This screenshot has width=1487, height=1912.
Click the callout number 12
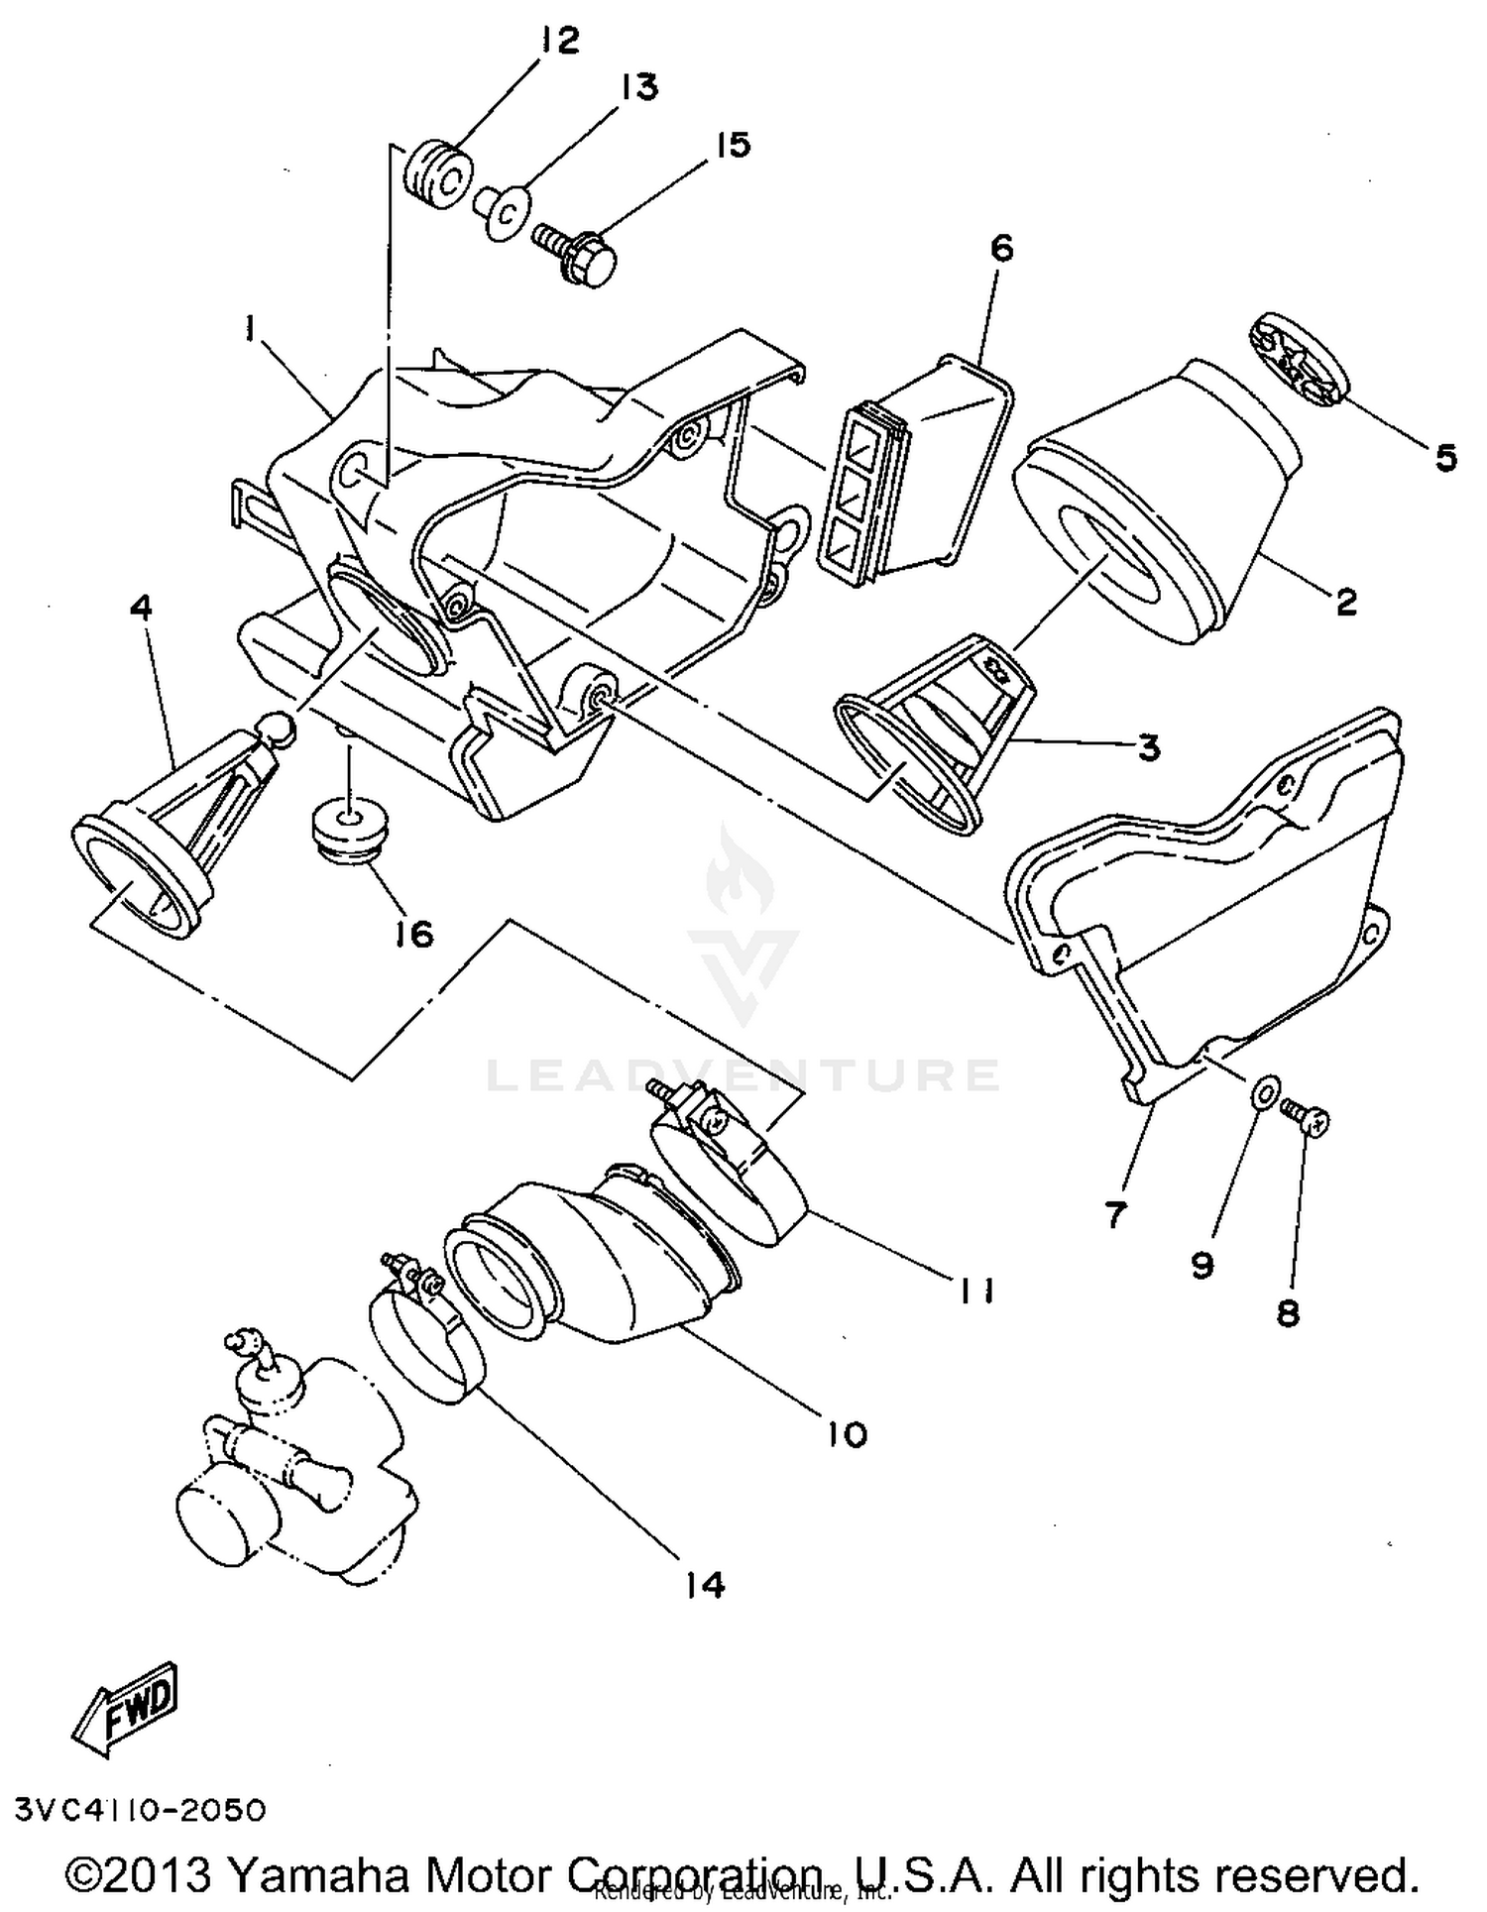click(558, 42)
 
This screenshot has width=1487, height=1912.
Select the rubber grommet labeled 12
click(435, 175)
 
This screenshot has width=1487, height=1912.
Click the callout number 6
click(1002, 248)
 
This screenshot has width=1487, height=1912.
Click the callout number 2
click(1345, 601)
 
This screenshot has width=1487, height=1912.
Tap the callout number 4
click(142, 607)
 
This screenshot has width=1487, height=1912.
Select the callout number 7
click(1116, 1213)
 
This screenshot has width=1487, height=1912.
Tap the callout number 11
click(975, 1290)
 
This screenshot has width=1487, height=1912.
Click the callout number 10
click(847, 1433)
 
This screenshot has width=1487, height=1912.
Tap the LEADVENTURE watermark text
click(743, 1074)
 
